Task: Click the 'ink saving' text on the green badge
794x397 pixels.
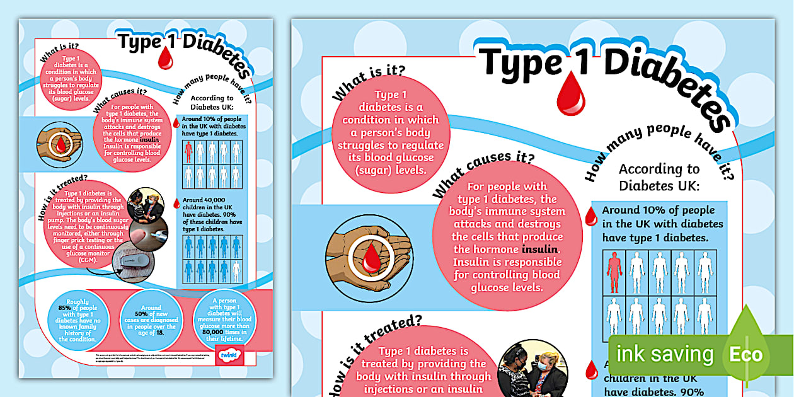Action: click(x=664, y=354)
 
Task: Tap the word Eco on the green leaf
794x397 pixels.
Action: click(x=746, y=354)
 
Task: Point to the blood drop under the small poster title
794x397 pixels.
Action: click(x=165, y=59)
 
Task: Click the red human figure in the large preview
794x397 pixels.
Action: click(x=614, y=272)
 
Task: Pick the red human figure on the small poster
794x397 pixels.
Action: click(x=188, y=151)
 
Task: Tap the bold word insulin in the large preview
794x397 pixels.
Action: click(x=539, y=250)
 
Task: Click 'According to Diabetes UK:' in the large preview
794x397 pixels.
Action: click(x=659, y=177)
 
